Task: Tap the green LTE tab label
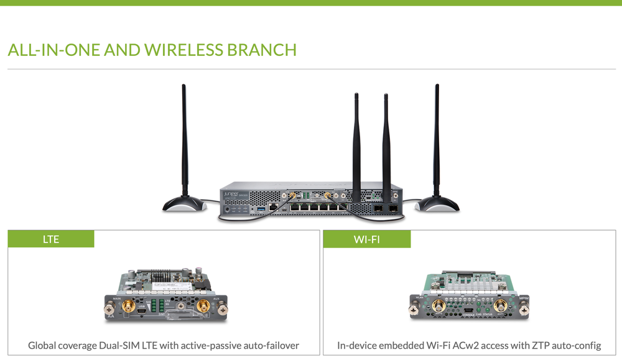(x=51, y=239)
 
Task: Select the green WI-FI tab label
(x=366, y=239)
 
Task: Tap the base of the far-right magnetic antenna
(x=437, y=203)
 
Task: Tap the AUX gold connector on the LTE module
(x=203, y=306)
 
